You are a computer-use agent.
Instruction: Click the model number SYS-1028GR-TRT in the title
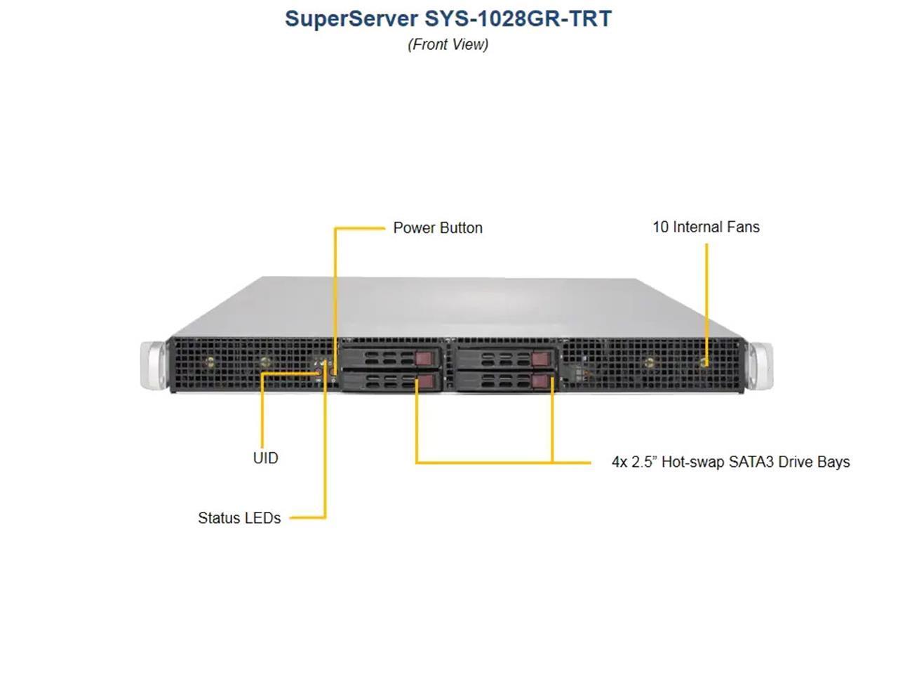(518, 18)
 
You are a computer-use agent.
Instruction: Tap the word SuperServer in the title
(351, 18)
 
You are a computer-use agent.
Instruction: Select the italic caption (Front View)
(448, 44)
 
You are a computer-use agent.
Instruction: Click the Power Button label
(438, 227)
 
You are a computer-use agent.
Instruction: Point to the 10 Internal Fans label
(706, 227)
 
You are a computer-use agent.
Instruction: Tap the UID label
(265, 458)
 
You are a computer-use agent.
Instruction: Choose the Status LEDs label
(239, 518)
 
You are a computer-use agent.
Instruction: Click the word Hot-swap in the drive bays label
(693, 462)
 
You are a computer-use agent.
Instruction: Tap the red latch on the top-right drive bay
(539, 359)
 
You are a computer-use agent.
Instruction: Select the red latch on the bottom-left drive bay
(426, 381)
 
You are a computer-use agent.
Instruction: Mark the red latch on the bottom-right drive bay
(540, 381)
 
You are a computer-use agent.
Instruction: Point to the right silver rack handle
(760, 364)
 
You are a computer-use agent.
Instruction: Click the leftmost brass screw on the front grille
(209, 362)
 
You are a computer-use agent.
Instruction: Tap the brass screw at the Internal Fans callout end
(705, 363)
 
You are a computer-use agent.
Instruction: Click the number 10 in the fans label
(660, 227)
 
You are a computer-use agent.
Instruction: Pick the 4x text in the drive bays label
(619, 462)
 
